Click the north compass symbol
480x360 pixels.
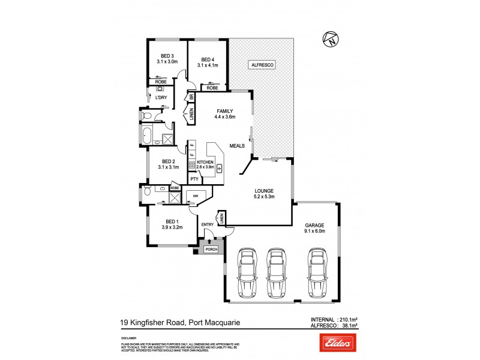pyautogui.click(x=330, y=39)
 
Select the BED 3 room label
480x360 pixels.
pyautogui.click(x=167, y=58)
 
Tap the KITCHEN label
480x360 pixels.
pyautogui.click(x=205, y=162)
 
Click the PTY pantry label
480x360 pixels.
pyautogui.click(x=194, y=179)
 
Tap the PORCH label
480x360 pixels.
pyautogui.click(x=211, y=249)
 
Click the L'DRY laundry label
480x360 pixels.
pyautogui.click(x=160, y=97)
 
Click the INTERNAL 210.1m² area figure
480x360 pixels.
pyautogui.click(x=337, y=319)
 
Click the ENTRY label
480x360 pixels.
pyautogui.click(x=208, y=224)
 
